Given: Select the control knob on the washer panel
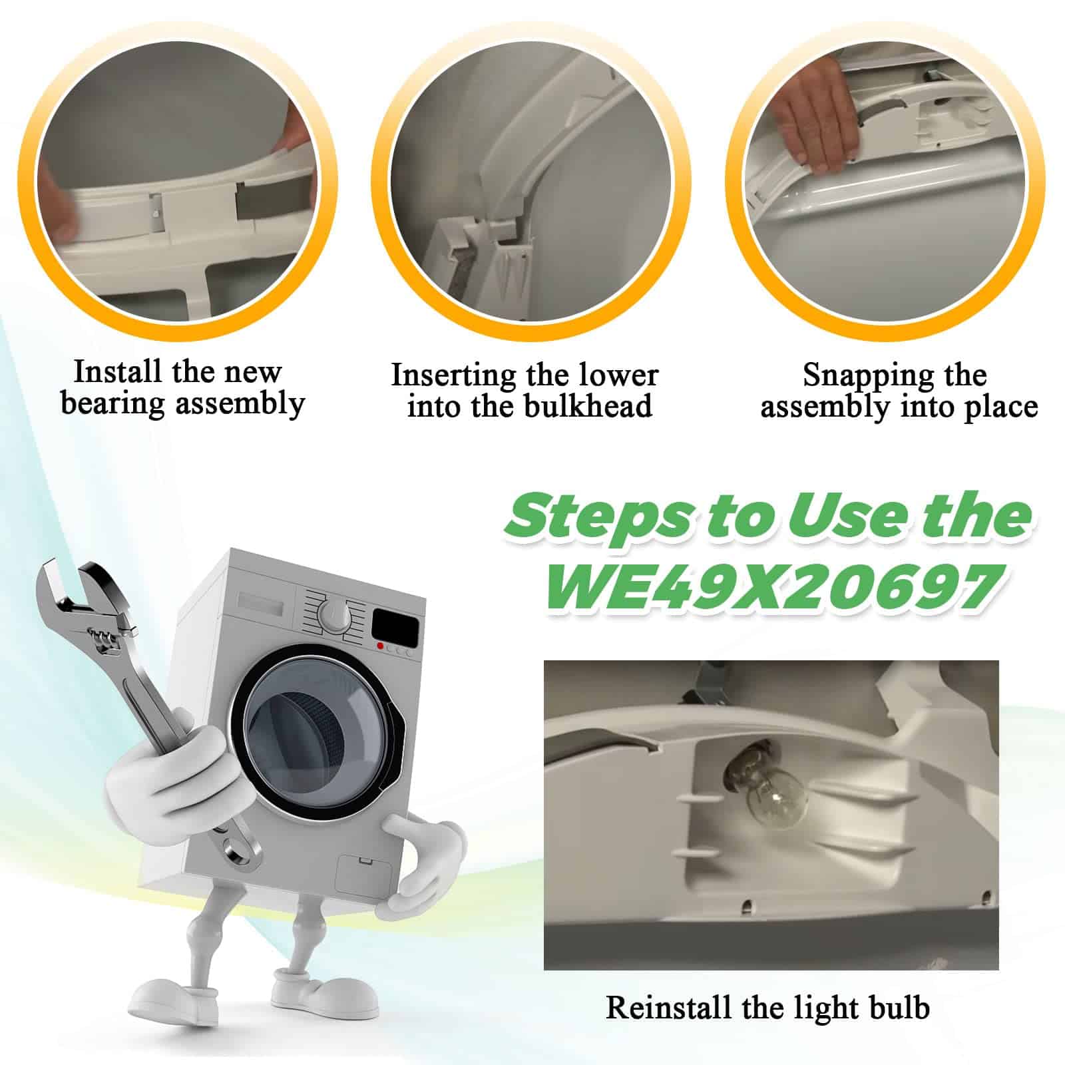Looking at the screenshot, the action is tap(331, 612).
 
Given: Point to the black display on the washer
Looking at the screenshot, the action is tap(395, 625).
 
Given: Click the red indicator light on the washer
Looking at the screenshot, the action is tap(379, 646).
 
